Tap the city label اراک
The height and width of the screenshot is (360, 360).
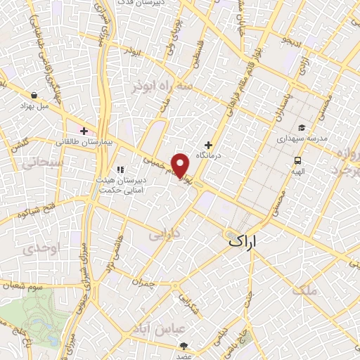pos(243,242)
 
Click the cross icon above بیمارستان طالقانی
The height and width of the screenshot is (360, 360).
pos(84,131)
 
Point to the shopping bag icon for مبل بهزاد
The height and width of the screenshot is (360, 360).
pos(35,94)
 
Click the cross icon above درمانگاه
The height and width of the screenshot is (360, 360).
pos(208,144)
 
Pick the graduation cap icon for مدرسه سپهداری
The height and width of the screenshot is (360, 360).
pos(301,127)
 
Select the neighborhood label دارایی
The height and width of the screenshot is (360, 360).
pos(167,233)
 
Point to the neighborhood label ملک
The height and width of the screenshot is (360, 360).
pos(307,289)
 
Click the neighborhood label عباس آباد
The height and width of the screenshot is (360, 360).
pos(181,329)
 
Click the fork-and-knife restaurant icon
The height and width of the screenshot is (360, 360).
pos(120,169)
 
